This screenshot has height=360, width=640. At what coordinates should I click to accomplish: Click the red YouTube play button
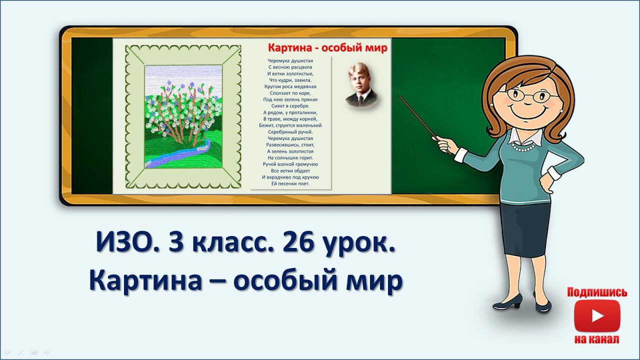(x=597, y=315)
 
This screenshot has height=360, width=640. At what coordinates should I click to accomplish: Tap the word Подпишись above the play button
(x=597, y=292)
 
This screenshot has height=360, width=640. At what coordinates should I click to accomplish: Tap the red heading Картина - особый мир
(x=327, y=48)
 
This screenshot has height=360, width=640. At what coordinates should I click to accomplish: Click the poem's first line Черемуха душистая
(x=290, y=60)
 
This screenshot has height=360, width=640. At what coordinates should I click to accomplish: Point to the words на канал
(x=597, y=339)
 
